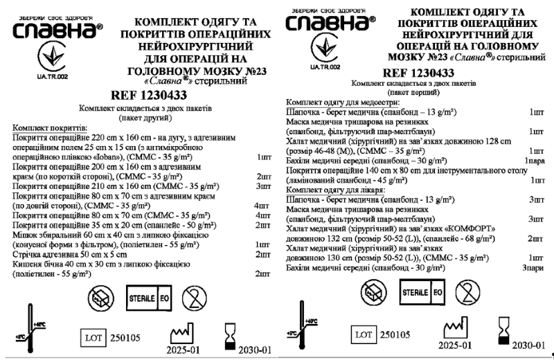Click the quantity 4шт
[x=261, y=206]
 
